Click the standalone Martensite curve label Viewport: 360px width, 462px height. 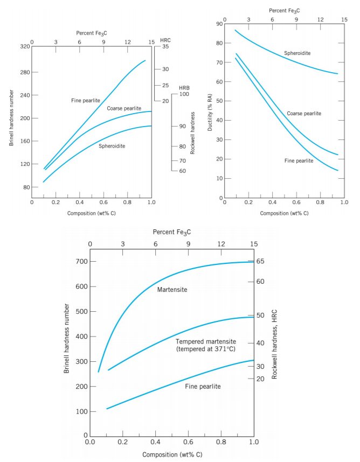coord(172,290)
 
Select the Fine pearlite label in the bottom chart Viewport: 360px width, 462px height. coord(203,386)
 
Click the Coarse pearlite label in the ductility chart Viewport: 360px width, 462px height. coord(304,113)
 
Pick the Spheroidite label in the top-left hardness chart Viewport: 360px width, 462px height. coord(112,146)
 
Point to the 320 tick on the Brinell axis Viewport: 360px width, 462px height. coord(24,47)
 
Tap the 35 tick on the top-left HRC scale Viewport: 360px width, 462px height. coord(165,47)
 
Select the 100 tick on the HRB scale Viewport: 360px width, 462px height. coord(184,94)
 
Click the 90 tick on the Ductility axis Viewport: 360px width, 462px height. coord(219,24)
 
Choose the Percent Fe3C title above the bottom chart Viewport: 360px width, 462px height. coord(172,232)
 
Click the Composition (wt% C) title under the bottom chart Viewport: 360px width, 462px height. coord(172,455)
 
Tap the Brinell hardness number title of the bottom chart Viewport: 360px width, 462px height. coord(67,339)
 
